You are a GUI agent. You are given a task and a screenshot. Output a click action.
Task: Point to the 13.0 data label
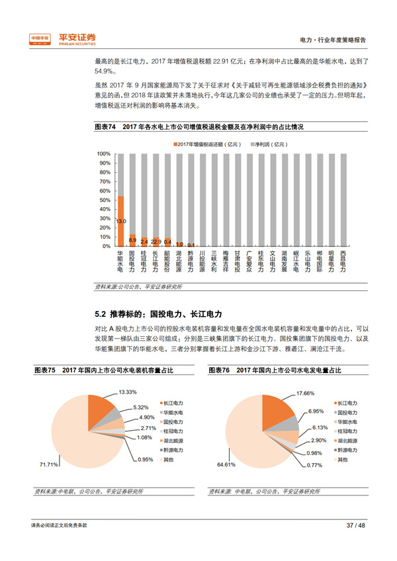120,221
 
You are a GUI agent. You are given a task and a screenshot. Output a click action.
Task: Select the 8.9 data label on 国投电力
132,239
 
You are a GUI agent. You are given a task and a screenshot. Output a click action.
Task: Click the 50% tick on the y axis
104,200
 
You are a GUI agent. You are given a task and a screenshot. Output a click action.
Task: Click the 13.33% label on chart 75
127,392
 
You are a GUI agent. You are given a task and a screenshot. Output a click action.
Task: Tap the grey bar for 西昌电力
342,198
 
